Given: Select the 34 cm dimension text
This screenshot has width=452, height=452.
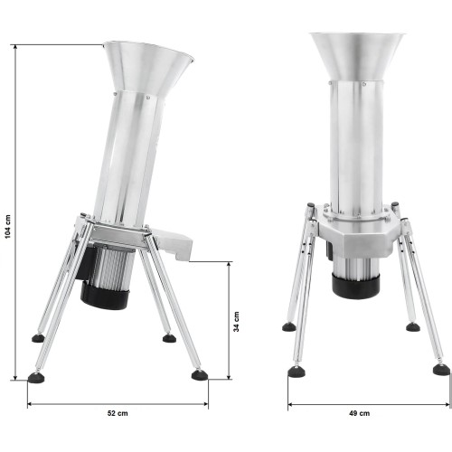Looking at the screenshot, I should click(x=238, y=320).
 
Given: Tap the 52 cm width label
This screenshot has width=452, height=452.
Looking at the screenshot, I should click(x=118, y=412).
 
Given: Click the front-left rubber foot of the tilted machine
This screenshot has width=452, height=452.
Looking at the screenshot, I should click(x=37, y=377).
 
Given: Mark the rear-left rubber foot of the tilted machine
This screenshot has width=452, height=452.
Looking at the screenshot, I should click(x=38, y=338).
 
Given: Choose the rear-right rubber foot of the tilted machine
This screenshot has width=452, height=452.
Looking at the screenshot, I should click(x=169, y=338).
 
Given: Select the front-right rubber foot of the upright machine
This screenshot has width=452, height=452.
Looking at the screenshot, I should click(x=440, y=369).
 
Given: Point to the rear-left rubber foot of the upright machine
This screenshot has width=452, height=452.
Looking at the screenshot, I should click(x=288, y=326).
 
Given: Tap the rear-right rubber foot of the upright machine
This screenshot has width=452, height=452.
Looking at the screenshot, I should click(x=412, y=326).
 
